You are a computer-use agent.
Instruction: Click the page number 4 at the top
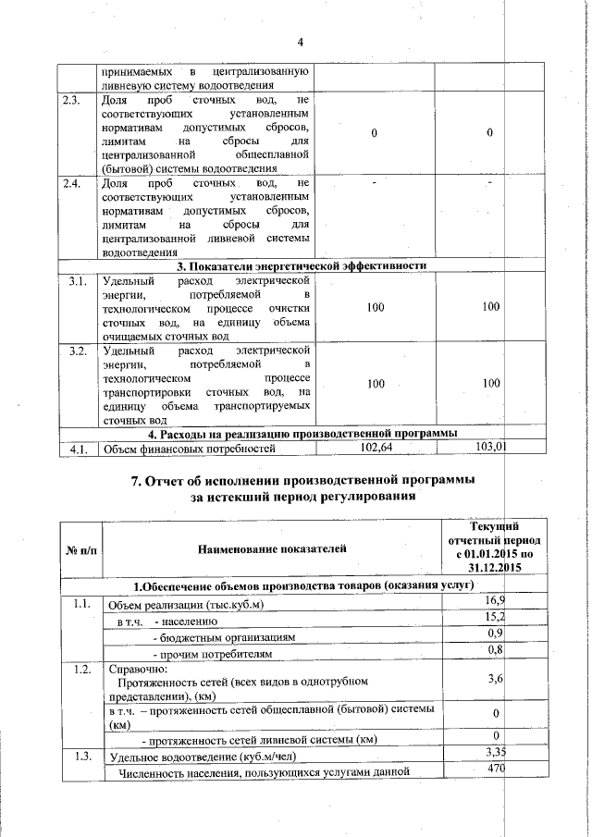pos(301,42)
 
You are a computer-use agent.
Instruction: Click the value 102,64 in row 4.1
pos(375,448)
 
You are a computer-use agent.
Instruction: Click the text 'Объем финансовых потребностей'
pos(190,449)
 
